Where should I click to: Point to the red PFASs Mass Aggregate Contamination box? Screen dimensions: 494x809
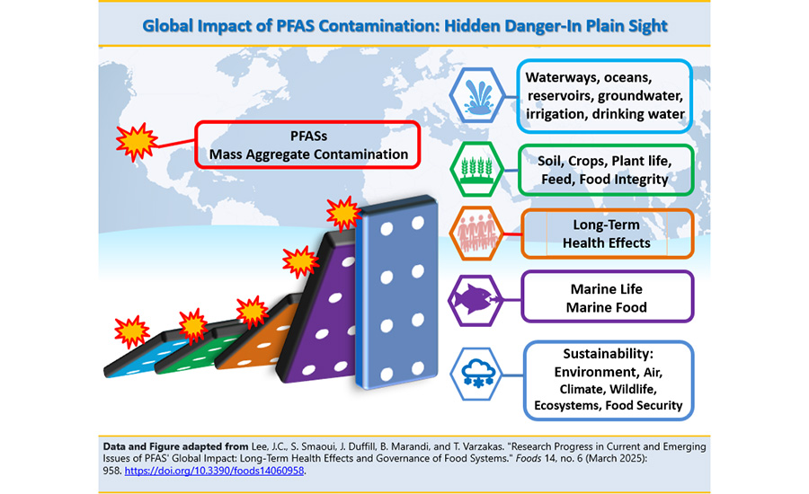point(308,145)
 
